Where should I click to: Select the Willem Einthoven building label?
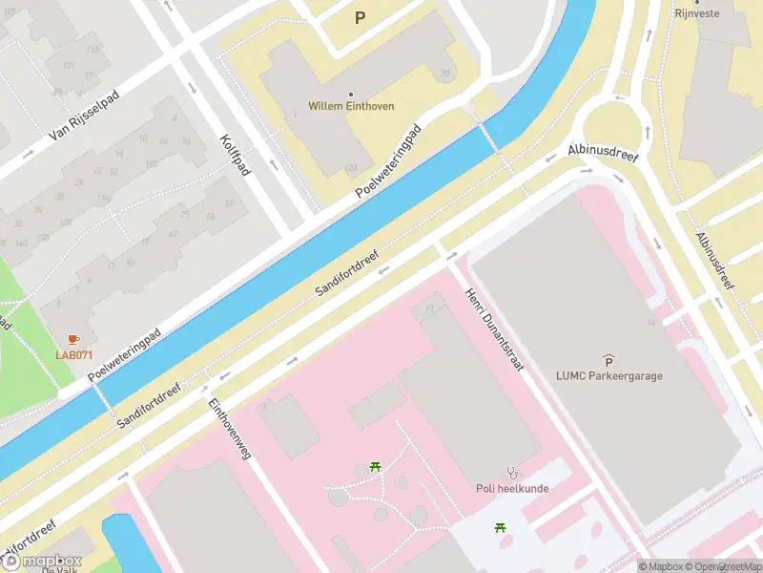tap(351, 106)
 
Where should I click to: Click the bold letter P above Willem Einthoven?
tap(360, 17)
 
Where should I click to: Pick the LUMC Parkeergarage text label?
tap(609, 375)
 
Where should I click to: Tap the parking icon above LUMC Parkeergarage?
tap(608, 359)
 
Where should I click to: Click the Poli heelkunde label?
tap(513, 488)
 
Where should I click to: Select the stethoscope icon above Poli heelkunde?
tap(513, 472)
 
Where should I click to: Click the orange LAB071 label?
tap(73, 355)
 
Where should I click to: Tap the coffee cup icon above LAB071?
tap(73, 339)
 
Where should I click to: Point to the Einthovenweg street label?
tap(229, 429)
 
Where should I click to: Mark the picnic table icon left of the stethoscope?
tap(376, 467)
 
